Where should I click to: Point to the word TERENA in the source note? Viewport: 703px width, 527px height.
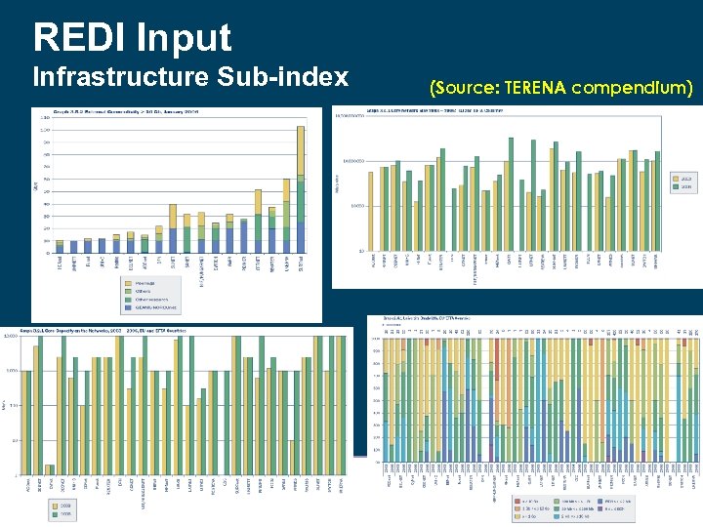536,89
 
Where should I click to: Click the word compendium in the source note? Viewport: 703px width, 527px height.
634,89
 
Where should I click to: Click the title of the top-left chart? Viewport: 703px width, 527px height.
127,112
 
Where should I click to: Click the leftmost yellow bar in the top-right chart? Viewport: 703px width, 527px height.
371,210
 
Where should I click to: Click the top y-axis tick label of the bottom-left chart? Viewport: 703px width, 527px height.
11,337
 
